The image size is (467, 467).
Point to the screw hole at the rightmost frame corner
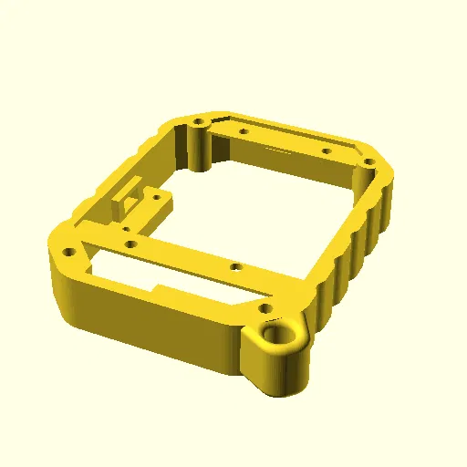click(368, 163)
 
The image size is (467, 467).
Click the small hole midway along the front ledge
click(235, 268)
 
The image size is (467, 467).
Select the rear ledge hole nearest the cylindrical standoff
click(244, 131)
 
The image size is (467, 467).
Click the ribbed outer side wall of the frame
click(365, 242)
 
